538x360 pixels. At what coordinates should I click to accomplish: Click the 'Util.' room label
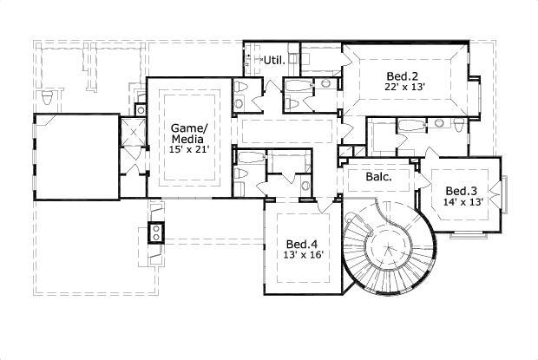click(275, 60)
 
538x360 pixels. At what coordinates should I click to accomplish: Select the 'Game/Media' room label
click(189, 131)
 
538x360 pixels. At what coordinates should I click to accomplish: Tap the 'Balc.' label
click(378, 176)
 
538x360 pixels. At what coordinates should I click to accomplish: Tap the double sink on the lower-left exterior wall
click(156, 232)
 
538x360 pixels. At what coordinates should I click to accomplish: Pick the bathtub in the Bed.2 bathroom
click(413, 125)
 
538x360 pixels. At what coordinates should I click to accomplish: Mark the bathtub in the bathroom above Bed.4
click(252, 158)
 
